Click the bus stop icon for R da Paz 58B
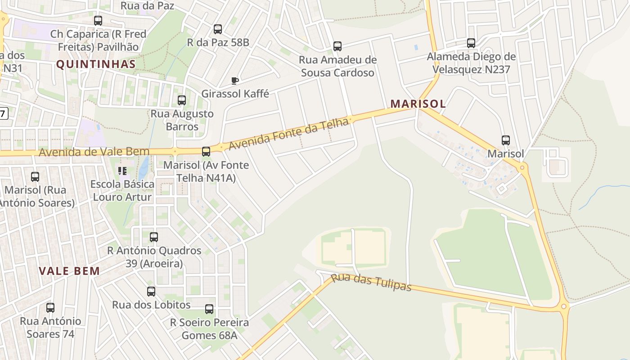click(218, 29)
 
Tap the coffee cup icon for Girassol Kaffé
click(234, 81)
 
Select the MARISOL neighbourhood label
click(418, 103)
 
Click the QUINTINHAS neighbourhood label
click(96, 64)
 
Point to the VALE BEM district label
click(69, 271)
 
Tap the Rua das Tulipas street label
click(371, 282)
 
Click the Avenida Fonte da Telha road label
click(289, 134)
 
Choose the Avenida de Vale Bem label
click(94, 152)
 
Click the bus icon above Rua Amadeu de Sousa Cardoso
click(337, 46)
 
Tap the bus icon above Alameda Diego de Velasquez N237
click(471, 43)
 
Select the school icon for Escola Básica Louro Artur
click(122, 171)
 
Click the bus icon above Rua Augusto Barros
click(182, 100)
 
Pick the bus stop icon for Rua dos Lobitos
click(151, 292)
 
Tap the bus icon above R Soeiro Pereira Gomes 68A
click(209, 309)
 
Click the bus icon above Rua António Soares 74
click(50, 308)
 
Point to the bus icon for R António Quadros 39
click(154, 237)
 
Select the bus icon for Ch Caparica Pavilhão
click(98, 21)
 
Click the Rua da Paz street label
click(147, 5)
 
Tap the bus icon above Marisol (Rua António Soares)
click(35, 177)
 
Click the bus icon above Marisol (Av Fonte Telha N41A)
click(206, 152)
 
